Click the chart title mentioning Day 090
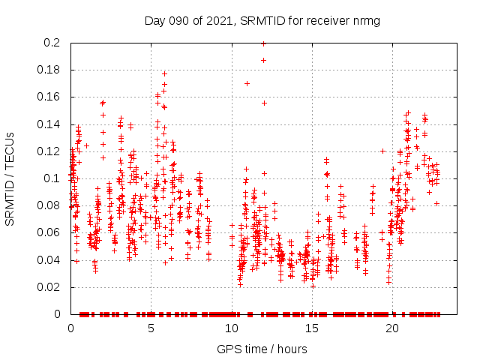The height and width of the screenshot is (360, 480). coord(262,20)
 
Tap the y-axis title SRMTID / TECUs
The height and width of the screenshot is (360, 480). coord(10,179)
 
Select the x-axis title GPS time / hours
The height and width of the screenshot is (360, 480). coord(262,349)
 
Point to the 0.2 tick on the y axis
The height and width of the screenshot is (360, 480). coord(52,43)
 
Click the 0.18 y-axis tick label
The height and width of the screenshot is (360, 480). coord(49,70)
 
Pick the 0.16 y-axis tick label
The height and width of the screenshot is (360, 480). coord(49,97)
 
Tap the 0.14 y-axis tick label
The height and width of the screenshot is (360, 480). coord(49,124)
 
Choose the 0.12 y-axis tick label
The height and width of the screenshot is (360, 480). coord(49,151)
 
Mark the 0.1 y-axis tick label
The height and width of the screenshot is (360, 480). coord(52,178)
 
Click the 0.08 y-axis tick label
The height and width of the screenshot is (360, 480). coord(49,205)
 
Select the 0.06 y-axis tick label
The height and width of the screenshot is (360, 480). coord(49,232)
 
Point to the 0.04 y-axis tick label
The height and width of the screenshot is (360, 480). coord(49,260)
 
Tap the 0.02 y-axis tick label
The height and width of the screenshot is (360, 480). coord(49,287)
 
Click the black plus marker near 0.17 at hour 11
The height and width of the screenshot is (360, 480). coord(247,83)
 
